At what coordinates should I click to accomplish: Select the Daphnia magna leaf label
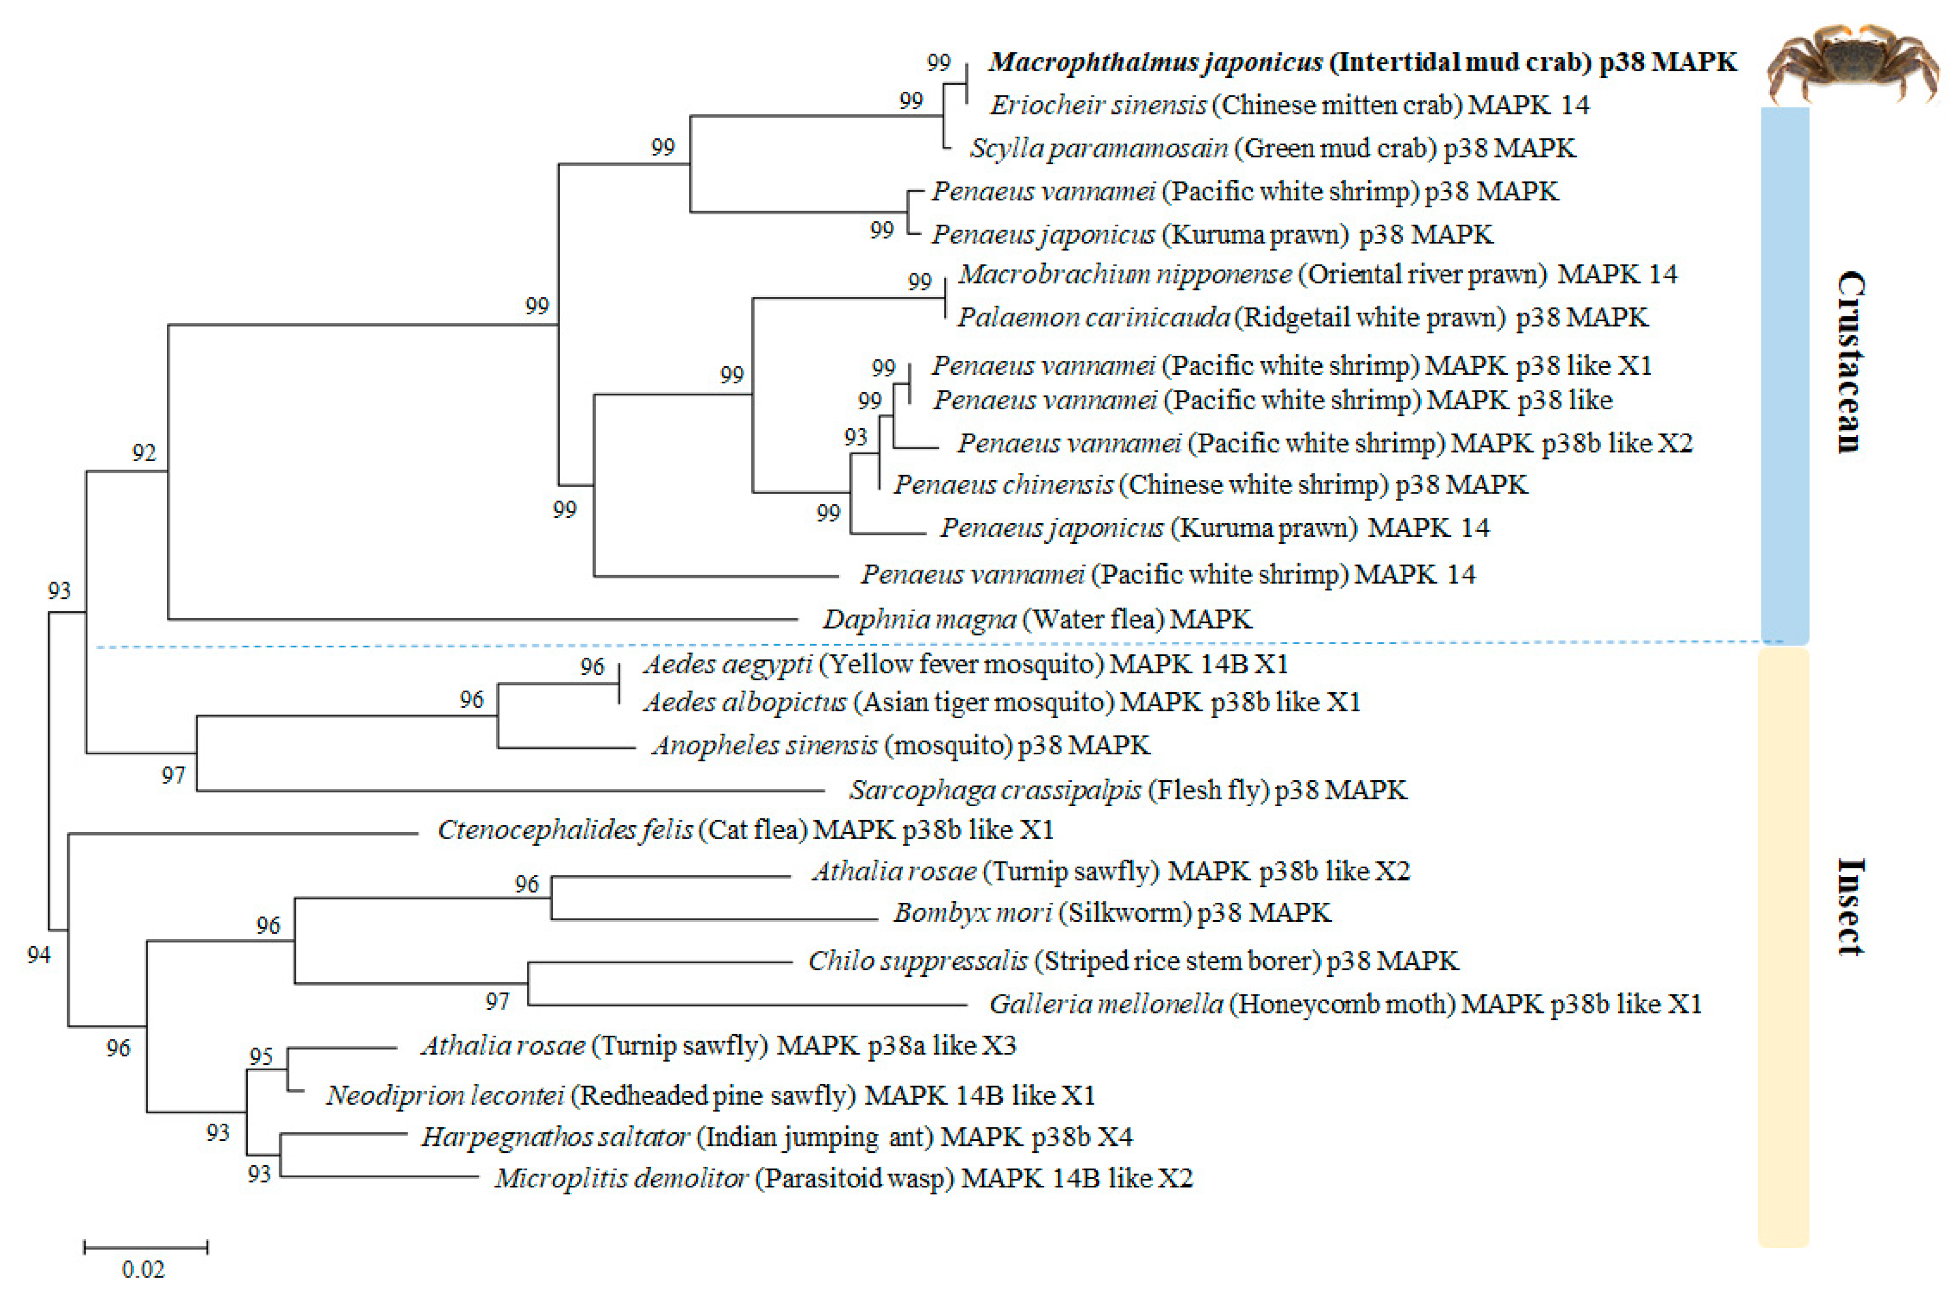[1037, 619]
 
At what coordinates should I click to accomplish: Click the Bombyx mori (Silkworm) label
[1111, 913]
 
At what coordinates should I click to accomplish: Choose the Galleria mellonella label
[1344, 1004]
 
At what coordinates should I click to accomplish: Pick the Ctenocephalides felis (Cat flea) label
[745, 829]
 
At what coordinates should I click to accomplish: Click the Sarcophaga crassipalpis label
[1127, 790]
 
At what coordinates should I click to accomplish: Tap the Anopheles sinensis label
[900, 745]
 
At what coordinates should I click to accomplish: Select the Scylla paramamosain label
[1272, 148]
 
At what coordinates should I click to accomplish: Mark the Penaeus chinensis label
[1210, 484]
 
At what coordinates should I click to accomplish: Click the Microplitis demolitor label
[843, 1178]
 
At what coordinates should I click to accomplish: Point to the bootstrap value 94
[39, 954]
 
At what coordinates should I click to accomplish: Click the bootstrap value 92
[144, 452]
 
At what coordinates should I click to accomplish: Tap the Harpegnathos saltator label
[776, 1137]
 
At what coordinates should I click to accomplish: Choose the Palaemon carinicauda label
[1301, 318]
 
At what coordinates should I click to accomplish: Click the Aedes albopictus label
[1001, 702]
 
